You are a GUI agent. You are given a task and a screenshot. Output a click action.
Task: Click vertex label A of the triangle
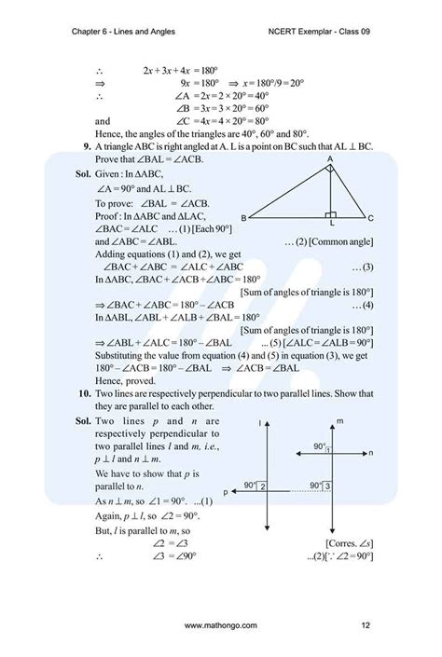pyautogui.click(x=329, y=159)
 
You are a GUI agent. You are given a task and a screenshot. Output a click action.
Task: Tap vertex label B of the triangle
pyautogui.click(x=243, y=217)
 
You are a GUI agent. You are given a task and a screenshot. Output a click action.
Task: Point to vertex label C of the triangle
pyautogui.click(x=370, y=218)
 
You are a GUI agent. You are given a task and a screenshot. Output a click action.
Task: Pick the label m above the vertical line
pyautogui.click(x=340, y=421)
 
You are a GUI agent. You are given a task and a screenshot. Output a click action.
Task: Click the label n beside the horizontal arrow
pyautogui.click(x=370, y=453)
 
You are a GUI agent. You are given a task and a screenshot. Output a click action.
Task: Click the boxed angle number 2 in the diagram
pyautogui.click(x=264, y=486)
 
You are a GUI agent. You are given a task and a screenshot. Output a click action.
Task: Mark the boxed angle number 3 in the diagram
pyautogui.click(x=329, y=486)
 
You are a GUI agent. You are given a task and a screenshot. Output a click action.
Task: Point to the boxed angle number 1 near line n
pyautogui.click(x=328, y=451)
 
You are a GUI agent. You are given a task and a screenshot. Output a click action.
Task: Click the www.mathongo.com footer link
pyautogui.click(x=221, y=624)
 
